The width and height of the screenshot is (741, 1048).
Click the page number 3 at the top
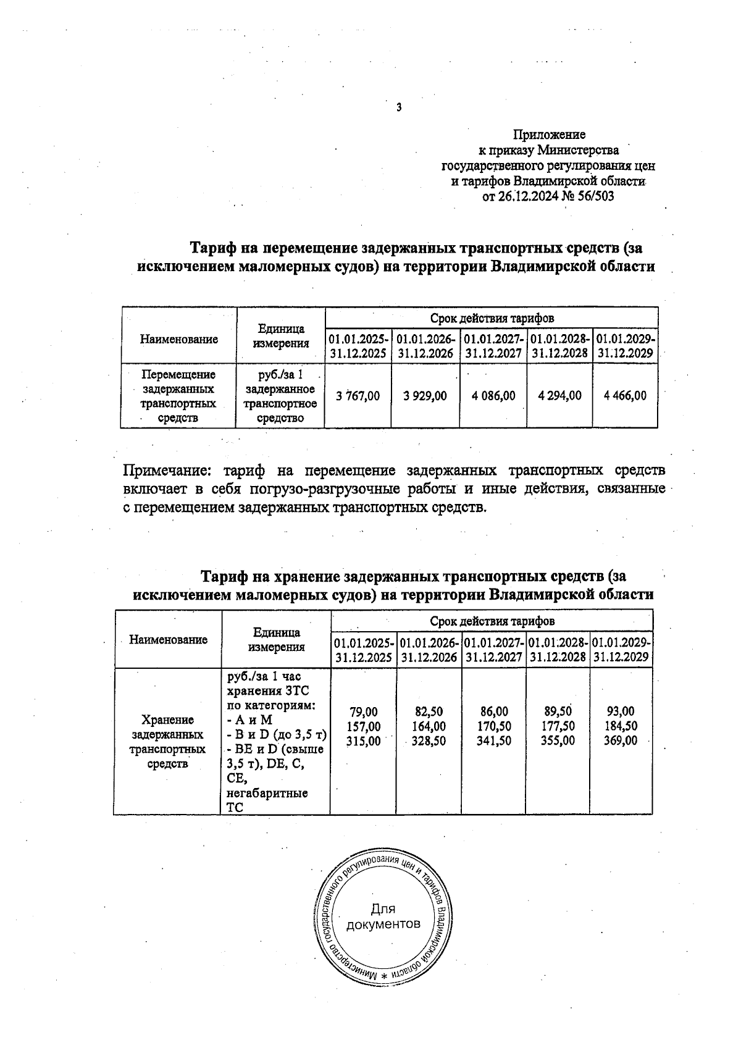point(398,107)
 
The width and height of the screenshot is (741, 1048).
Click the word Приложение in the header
point(549,134)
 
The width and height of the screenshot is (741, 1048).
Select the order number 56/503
point(593,197)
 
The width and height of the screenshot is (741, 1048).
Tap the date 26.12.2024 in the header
point(529,197)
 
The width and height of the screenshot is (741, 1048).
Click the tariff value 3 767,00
point(358,396)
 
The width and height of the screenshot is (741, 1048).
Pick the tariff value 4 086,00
point(493,396)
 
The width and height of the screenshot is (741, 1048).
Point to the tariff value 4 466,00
point(625,396)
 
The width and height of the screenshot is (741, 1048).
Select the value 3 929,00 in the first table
point(425,396)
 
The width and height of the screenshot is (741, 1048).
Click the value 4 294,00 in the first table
point(559,396)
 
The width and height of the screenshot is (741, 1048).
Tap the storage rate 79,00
point(364,711)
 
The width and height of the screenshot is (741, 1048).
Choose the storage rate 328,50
point(429,740)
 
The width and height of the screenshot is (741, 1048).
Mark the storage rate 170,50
point(493,726)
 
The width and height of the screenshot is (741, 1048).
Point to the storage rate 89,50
point(558,711)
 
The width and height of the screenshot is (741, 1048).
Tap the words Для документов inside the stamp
point(383,916)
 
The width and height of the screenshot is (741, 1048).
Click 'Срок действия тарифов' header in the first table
point(492,318)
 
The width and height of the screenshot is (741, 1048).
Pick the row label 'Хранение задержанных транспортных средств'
point(167,742)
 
